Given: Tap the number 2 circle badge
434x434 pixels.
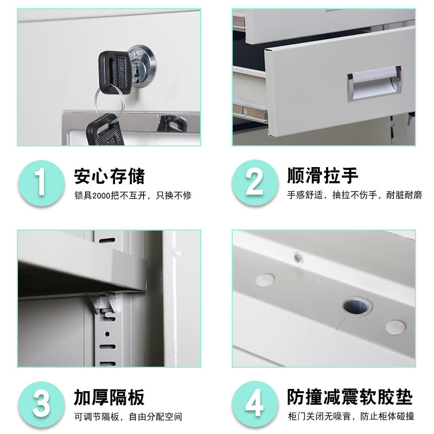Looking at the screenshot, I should point(254,182).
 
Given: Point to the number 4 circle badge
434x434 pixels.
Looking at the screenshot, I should point(254,405).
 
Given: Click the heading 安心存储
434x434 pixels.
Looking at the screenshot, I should point(109,176).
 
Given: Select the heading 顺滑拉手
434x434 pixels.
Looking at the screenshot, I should point(322,176).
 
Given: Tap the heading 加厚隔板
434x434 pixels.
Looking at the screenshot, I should point(109,398).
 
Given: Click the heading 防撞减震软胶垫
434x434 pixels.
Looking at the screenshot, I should point(349,398).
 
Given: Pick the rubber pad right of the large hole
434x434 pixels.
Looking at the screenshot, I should point(395,326).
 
